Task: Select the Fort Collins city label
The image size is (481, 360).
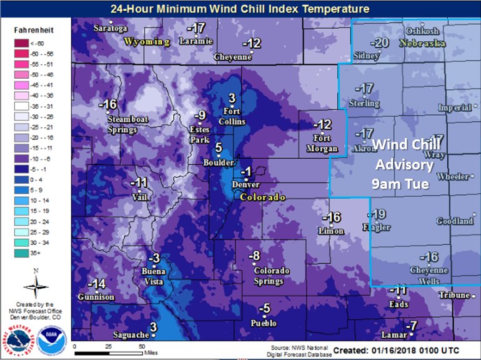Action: (x=232, y=117)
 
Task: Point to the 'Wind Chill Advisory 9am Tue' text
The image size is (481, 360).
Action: (x=403, y=164)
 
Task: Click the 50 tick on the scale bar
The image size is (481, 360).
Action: (x=141, y=346)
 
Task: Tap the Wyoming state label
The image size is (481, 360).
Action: (x=147, y=42)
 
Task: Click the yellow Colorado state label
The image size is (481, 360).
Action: (x=263, y=197)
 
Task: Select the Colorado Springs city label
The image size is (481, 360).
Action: (x=271, y=276)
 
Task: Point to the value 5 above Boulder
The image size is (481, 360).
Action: (x=218, y=148)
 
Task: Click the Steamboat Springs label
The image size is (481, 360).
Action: (x=122, y=124)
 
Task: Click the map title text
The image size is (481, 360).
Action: (x=240, y=9)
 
